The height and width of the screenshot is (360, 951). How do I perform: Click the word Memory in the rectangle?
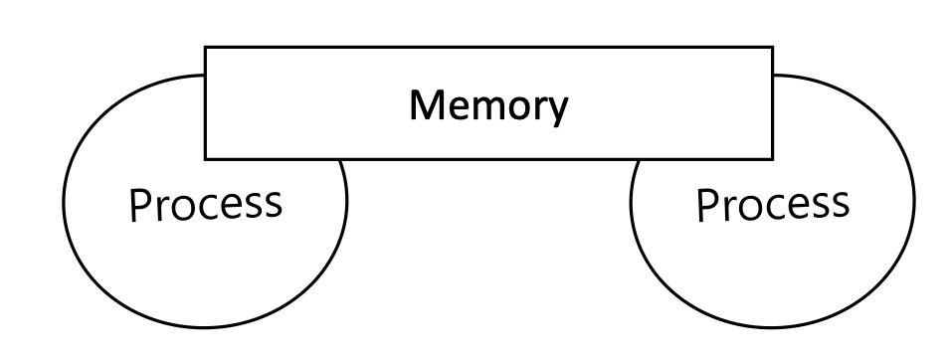pyautogui.click(x=488, y=107)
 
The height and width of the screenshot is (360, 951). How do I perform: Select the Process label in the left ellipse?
pyautogui.click(x=206, y=204)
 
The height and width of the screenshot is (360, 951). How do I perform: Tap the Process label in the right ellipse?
pyautogui.click(x=773, y=204)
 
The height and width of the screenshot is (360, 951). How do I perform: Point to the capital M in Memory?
pyautogui.click(x=426, y=104)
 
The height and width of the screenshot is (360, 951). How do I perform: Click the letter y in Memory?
pyautogui.click(x=558, y=111)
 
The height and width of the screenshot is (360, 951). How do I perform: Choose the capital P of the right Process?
pyautogui.click(x=707, y=205)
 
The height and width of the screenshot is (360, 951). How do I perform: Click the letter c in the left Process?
pyautogui.click(x=201, y=207)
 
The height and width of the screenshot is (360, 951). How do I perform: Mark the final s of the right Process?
pyautogui.click(x=841, y=207)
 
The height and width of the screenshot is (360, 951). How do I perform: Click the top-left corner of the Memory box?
pyautogui.click(x=206, y=48)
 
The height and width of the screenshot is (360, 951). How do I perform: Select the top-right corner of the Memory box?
pyautogui.click(x=773, y=48)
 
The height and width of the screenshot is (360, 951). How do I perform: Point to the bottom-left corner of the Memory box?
pyautogui.click(x=206, y=159)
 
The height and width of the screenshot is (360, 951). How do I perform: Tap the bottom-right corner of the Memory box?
pyautogui.click(x=773, y=159)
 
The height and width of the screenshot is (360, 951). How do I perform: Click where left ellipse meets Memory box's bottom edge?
pyautogui.click(x=341, y=160)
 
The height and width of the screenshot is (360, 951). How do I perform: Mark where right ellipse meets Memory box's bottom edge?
pyautogui.click(x=638, y=160)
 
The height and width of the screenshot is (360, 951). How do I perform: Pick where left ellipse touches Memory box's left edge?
pyautogui.click(x=205, y=76)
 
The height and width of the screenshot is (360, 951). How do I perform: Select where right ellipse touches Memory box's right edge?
pyautogui.click(x=773, y=76)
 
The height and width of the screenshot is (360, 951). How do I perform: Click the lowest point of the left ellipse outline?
pyautogui.click(x=205, y=328)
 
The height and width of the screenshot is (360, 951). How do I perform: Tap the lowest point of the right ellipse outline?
pyautogui.click(x=772, y=328)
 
